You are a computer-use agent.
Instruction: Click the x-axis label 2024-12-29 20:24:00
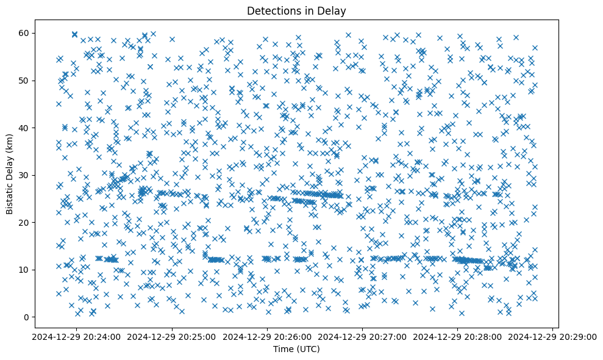tap(77, 336)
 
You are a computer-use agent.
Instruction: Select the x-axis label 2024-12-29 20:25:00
tap(172, 336)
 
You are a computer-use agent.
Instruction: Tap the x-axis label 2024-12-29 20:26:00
tap(267, 336)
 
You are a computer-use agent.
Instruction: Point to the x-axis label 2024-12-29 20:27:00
tap(362, 336)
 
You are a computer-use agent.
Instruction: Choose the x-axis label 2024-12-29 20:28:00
tap(457, 336)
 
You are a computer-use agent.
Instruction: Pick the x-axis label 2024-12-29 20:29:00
tap(552, 336)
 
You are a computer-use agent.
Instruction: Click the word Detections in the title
tap(271, 10)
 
